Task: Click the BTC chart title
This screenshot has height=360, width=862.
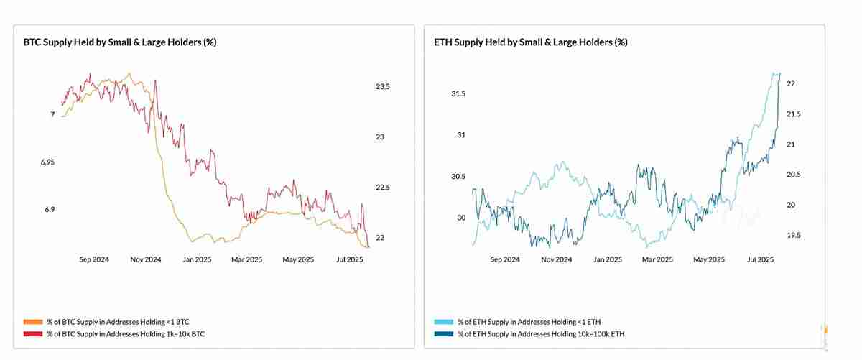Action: click(x=120, y=42)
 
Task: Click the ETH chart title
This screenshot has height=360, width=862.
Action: click(x=531, y=42)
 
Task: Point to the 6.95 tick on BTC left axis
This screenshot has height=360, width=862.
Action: click(x=47, y=162)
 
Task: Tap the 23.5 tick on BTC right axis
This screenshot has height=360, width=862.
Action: click(x=382, y=87)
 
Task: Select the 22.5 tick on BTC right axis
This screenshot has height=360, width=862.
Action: click(x=382, y=188)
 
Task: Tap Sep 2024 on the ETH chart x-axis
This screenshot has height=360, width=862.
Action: click(x=506, y=259)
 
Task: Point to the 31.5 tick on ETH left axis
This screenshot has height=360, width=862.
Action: click(x=458, y=94)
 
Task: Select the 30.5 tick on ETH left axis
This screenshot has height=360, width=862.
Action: click(x=458, y=177)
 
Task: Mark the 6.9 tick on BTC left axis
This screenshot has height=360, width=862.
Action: click(x=50, y=210)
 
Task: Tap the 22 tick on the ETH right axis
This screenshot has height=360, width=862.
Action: click(x=791, y=84)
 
